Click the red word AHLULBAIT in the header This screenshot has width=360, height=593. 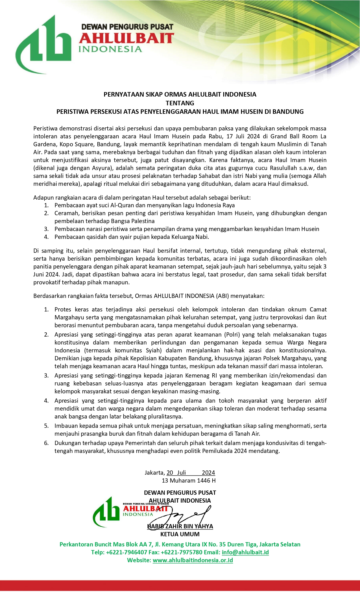click(126, 38)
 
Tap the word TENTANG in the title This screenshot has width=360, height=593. click(180, 103)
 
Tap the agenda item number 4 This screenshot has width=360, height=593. click(46, 237)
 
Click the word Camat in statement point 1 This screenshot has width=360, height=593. click(318, 309)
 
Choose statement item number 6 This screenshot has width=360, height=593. click(46, 443)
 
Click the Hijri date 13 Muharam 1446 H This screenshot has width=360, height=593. click(189, 481)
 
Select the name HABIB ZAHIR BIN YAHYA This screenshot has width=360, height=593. click(180, 526)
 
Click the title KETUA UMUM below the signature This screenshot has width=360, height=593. click(180, 534)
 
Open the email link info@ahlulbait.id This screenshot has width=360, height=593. click(245, 552)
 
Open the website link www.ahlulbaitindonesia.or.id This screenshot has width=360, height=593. click(193, 560)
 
